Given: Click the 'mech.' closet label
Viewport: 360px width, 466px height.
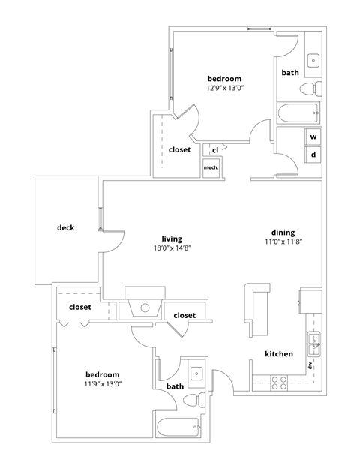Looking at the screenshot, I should tap(211, 167).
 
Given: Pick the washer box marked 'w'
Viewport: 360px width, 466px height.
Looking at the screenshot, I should tap(313, 137).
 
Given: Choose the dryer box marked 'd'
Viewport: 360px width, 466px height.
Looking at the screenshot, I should tap(313, 155).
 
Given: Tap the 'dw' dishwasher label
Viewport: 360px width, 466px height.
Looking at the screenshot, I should tap(308, 365).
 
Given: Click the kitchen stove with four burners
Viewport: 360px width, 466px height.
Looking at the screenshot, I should tap(278, 383).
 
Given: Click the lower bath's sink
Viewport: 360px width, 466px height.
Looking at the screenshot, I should tap(197, 372).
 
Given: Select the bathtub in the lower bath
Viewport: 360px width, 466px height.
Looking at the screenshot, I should tap(179, 429).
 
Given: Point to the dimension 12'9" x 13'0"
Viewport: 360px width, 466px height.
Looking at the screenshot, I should tap(224, 89).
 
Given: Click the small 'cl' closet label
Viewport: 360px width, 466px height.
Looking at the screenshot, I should tap(214, 150).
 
